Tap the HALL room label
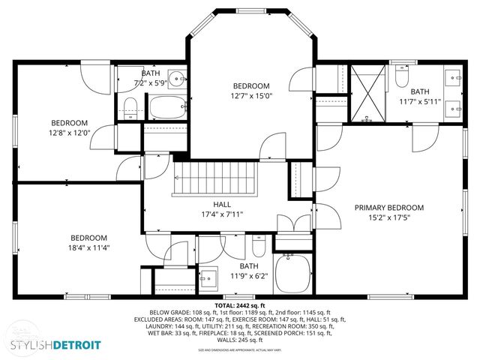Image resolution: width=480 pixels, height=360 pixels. [221, 204]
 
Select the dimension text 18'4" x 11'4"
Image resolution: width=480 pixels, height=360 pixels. [90, 247]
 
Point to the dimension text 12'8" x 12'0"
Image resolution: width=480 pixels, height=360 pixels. [70, 133]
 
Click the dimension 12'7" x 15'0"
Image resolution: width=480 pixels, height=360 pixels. [250, 95]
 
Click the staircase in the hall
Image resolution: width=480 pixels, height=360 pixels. [216, 181]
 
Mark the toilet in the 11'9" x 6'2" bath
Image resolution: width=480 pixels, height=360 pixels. [257, 247]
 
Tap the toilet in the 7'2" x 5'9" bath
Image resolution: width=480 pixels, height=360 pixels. [130, 105]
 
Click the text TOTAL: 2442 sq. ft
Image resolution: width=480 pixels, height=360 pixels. [240, 306]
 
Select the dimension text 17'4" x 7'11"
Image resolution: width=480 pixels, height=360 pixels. [221, 214]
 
